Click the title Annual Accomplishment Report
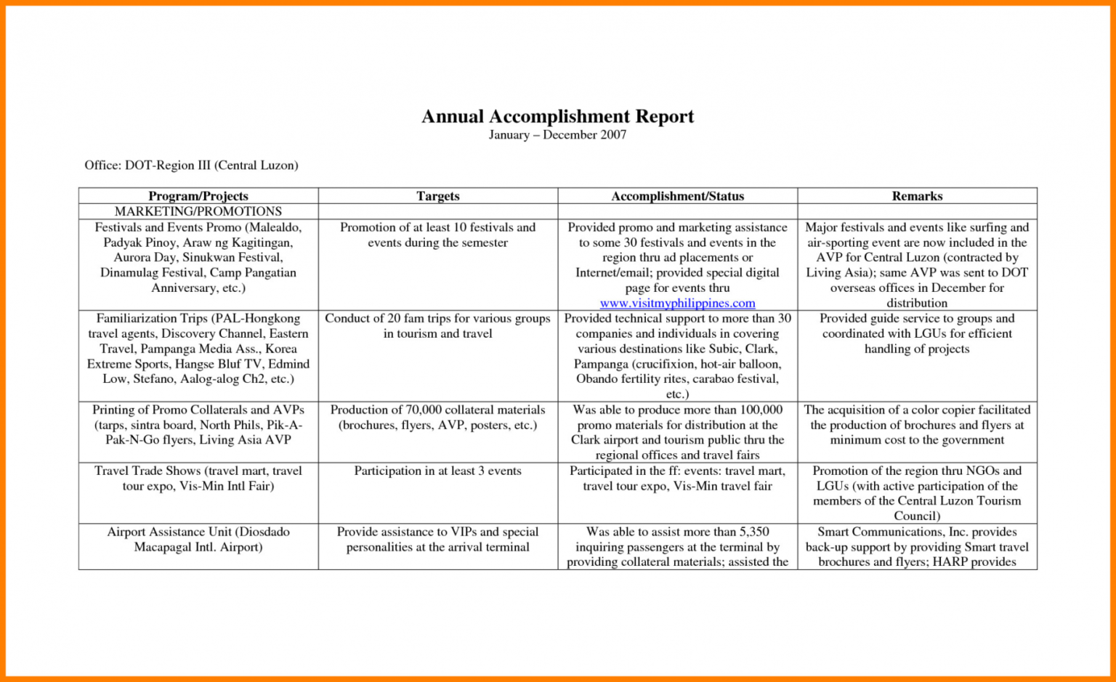coord(557,116)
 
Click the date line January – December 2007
coord(557,135)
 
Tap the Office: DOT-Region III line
coord(191,166)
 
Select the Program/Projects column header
coord(198,196)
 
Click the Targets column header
coord(437,196)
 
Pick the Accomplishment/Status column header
coord(677,196)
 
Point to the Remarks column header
coord(917,196)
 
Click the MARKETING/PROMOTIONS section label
coord(198,211)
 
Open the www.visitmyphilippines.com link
coord(677,303)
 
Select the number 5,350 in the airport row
coord(754,532)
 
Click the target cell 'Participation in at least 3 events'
coord(437,471)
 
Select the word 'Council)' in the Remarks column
coord(917,516)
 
